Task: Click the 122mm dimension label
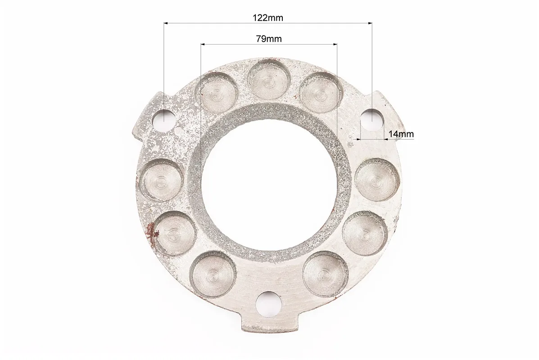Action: [x=268, y=18]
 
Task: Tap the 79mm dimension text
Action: [x=268, y=39]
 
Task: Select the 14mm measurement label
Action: [x=401, y=134]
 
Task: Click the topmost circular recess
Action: [x=269, y=81]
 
